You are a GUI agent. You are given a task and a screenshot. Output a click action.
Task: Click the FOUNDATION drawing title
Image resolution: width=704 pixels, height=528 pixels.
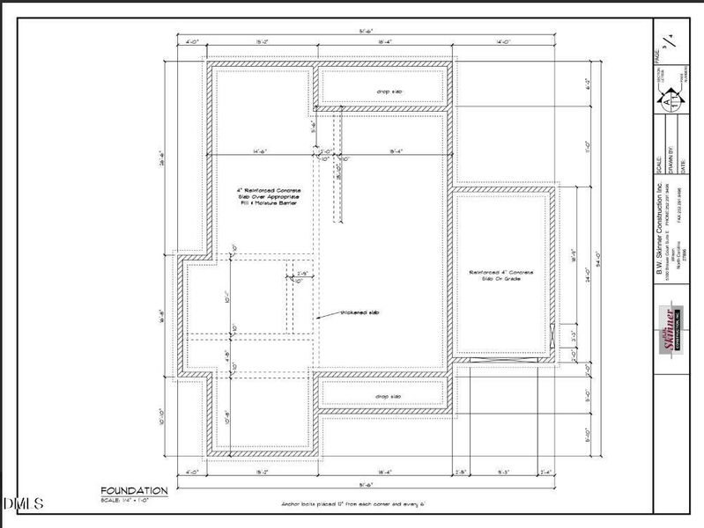pos(134,490)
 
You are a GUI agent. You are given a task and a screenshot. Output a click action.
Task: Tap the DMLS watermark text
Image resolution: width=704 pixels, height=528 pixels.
pos(24,503)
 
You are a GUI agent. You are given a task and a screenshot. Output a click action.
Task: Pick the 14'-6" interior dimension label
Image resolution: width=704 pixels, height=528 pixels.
pos(258,150)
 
